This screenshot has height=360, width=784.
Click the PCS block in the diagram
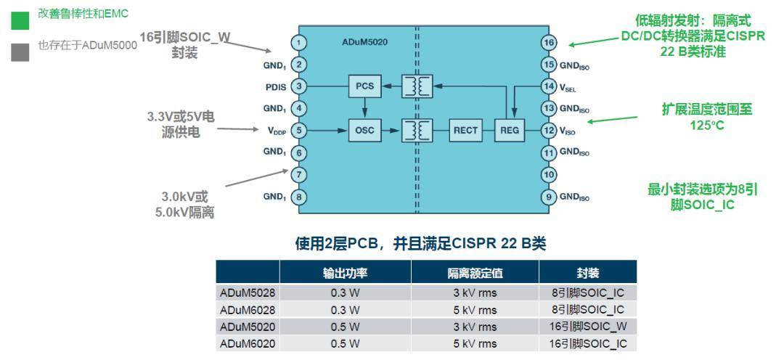(x=364, y=86)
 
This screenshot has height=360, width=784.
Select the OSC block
(x=364, y=131)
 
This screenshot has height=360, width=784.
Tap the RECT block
(x=465, y=131)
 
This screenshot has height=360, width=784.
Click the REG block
(x=507, y=131)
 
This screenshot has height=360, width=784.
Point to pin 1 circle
(x=298, y=43)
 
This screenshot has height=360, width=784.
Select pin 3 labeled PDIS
(x=298, y=87)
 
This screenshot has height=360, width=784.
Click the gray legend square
(x=20, y=52)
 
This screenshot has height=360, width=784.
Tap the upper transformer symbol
(x=417, y=86)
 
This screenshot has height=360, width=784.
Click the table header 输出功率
(x=345, y=273)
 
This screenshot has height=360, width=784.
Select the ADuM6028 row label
(x=248, y=310)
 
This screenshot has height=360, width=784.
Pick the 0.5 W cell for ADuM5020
(x=345, y=327)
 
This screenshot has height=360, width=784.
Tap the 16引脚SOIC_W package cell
(x=587, y=327)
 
